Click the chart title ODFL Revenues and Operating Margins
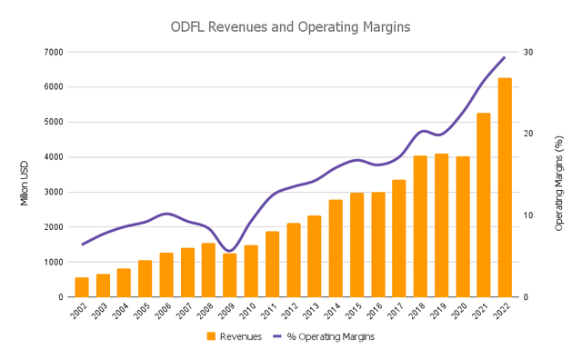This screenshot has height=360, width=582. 290,27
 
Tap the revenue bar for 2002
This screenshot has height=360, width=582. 82,287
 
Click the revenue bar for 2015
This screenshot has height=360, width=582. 356,245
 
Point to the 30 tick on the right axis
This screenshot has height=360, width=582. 528,52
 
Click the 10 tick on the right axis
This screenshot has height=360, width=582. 528,215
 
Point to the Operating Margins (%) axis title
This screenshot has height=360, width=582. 559,174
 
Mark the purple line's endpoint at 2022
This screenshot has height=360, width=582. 505,57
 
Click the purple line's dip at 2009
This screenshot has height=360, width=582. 229,251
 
